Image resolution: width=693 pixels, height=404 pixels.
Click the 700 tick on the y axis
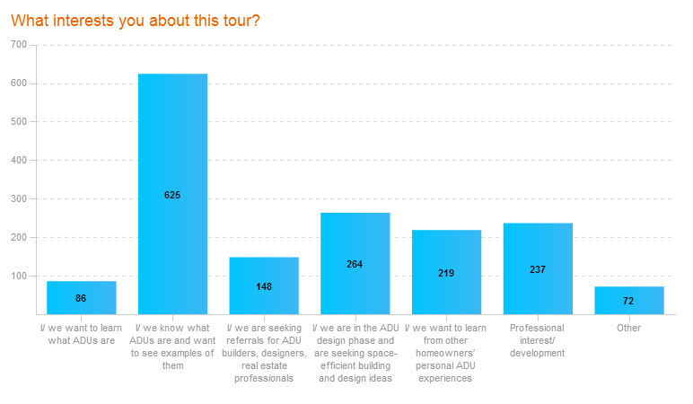(x=19, y=44)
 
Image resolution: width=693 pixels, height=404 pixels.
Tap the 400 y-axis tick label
(x=19, y=160)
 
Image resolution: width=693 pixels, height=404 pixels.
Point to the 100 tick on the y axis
(x=19, y=276)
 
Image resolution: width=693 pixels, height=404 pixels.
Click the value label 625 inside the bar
(x=172, y=195)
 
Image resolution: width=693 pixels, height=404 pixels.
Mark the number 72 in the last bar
(x=628, y=301)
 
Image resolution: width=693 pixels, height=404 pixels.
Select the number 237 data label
(x=538, y=269)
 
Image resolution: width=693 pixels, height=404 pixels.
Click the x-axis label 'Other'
(x=628, y=328)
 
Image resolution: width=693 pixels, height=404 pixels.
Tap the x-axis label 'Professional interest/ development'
(x=538, y=340)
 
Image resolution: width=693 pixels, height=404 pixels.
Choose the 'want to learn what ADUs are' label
(x=81, y=334)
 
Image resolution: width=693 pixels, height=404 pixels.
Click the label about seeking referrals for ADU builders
(x=264, y=353)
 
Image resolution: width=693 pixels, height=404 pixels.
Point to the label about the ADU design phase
(x=355, y=353)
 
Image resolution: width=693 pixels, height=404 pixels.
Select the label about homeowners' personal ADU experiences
(x=446, y=353)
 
